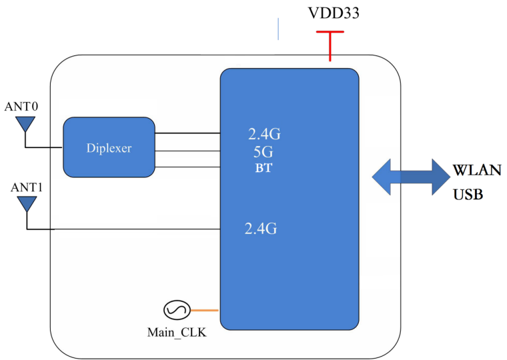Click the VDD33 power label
pos(334,13)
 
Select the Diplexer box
pos(109,148)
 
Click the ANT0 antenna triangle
pos(25,124)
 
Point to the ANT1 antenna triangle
pos(27,203)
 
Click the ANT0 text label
pos(21,106)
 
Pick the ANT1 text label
pos(27,187)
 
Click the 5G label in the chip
pos(261,152)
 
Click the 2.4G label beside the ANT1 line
pos(261,229)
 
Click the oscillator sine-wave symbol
pos(176,310)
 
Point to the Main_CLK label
pos(177,331)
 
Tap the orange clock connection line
pos(205,310)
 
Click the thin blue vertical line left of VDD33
pos(278,29)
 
